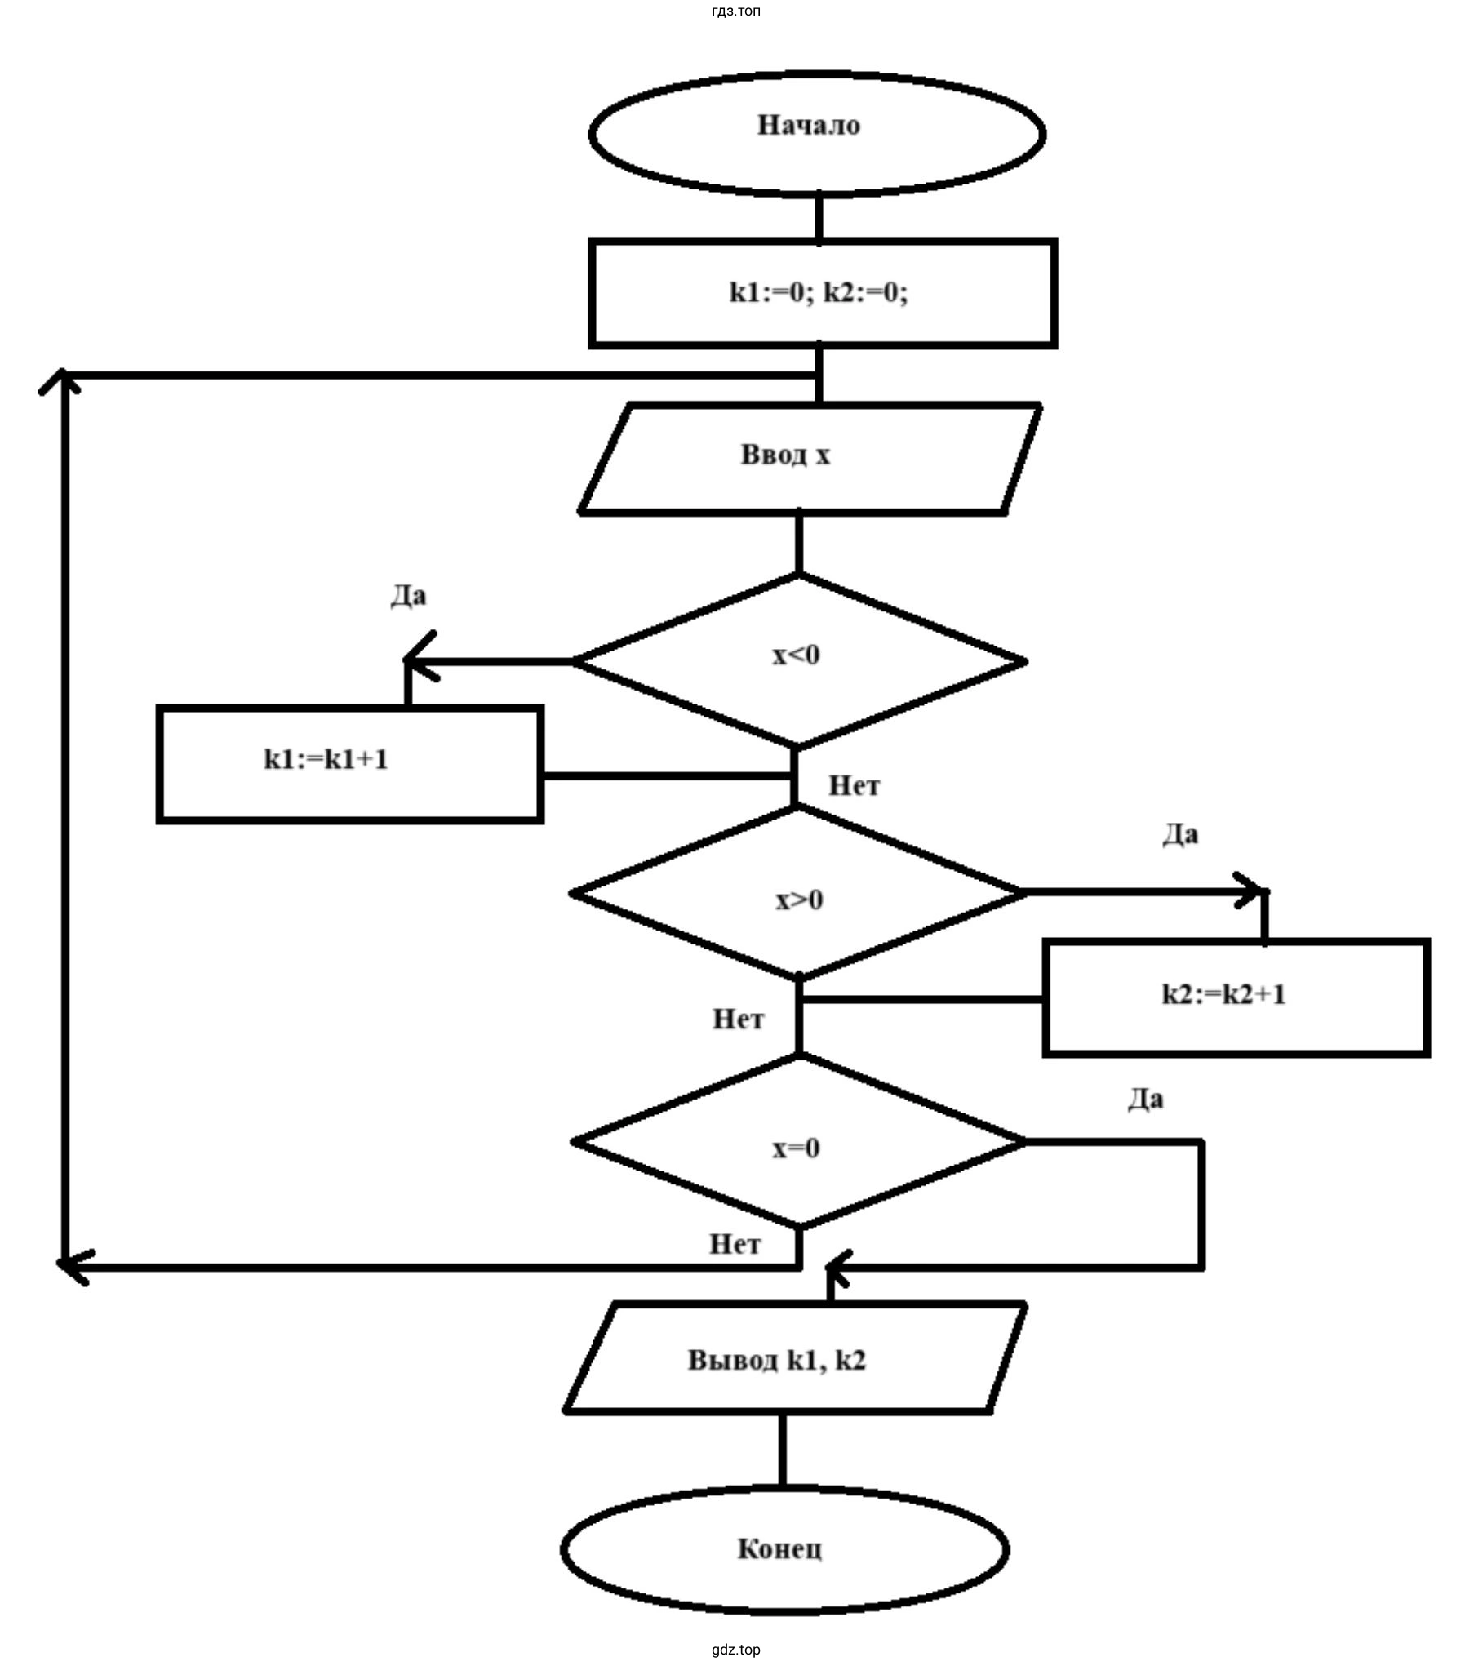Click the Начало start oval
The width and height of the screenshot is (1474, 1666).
817,134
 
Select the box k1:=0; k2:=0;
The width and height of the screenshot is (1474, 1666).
823,293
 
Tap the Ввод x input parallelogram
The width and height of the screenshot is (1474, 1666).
808,458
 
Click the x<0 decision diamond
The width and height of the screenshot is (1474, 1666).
798,660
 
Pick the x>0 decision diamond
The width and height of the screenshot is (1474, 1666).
798,893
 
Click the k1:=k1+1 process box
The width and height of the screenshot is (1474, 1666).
349,764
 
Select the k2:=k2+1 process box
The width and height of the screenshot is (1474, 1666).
1236,997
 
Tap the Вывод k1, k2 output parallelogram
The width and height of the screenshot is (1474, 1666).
793,1359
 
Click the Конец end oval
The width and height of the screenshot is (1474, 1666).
784,1548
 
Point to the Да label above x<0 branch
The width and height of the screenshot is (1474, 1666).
408,596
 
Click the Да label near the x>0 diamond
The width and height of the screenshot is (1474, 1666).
1180,834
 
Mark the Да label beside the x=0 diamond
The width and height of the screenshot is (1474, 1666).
1145,1100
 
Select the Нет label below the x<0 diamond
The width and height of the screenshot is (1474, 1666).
854,785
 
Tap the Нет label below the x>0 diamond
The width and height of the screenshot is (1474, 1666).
738,1019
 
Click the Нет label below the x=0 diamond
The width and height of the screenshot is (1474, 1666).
735,1244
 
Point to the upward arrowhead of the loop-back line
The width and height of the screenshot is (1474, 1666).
62,380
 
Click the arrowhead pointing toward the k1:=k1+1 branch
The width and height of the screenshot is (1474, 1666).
418,660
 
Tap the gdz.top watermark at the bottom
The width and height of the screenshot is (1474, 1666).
736,1650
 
